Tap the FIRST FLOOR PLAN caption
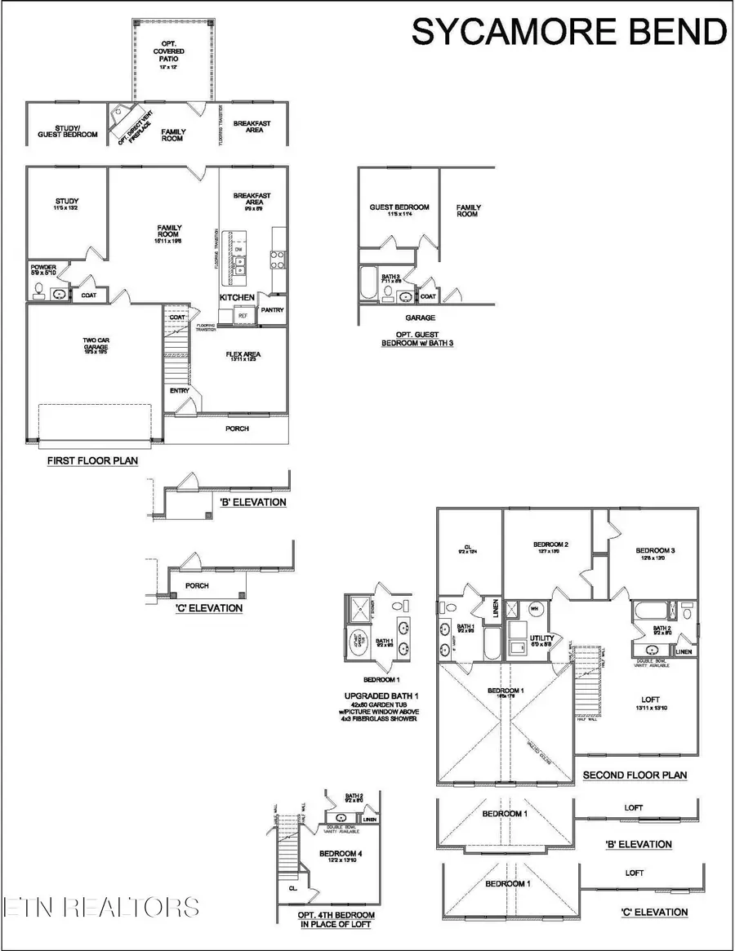[91, 461]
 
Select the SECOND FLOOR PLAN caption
[635, 775]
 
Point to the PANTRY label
[271, 310]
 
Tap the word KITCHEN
[238, 298]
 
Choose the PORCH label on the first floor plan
[237, 429]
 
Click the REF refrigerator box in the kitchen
[243, 314]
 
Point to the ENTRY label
[179, 391]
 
